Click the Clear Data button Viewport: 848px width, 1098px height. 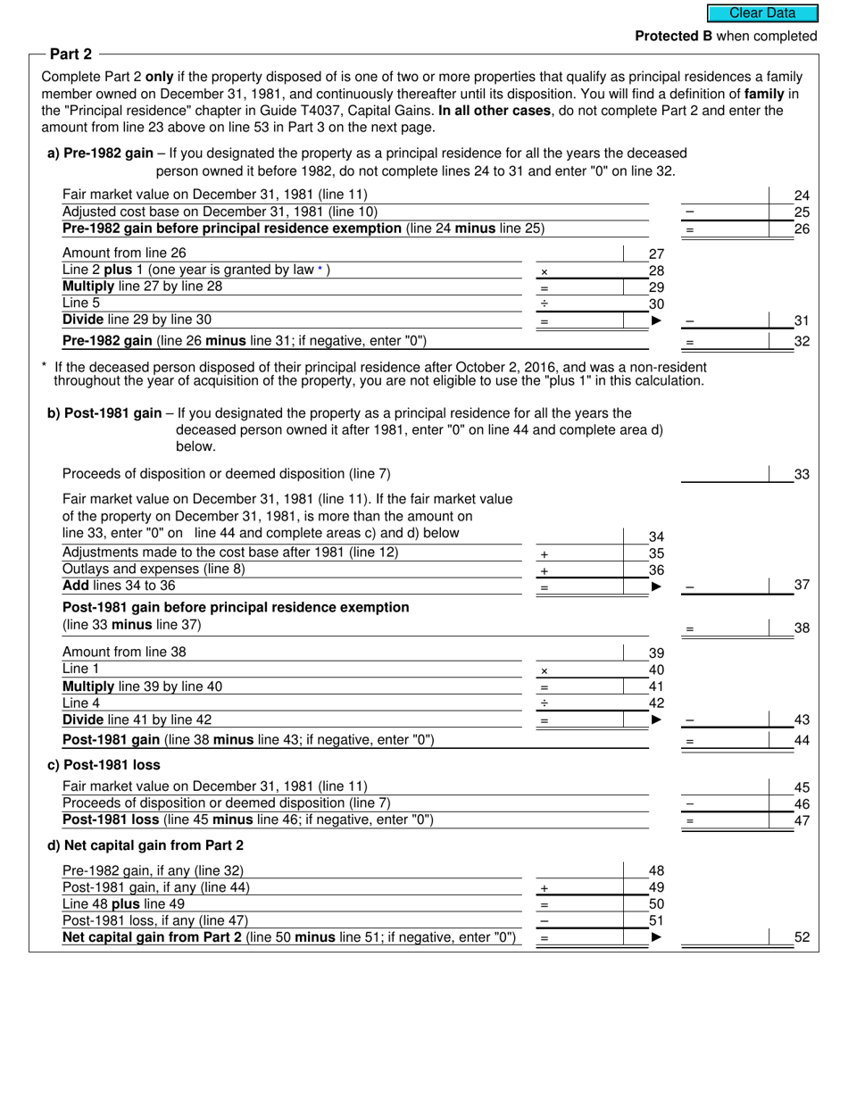point(762,13)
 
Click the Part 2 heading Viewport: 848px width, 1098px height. point(71,54)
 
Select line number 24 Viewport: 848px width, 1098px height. point(801,195)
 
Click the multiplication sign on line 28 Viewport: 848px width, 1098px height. point(545,272)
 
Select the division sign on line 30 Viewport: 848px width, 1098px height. point(545,304)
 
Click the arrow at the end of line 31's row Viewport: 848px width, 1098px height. point(657,320)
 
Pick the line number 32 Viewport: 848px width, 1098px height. point(801,341)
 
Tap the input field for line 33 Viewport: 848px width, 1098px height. point(725,474)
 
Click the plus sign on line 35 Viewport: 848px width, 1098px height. point(545,554)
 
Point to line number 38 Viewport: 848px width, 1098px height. point(801,628)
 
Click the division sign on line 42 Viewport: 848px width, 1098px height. point(545,704)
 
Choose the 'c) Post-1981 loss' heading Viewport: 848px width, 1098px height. point(104,765)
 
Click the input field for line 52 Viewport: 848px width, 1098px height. point(725,937)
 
